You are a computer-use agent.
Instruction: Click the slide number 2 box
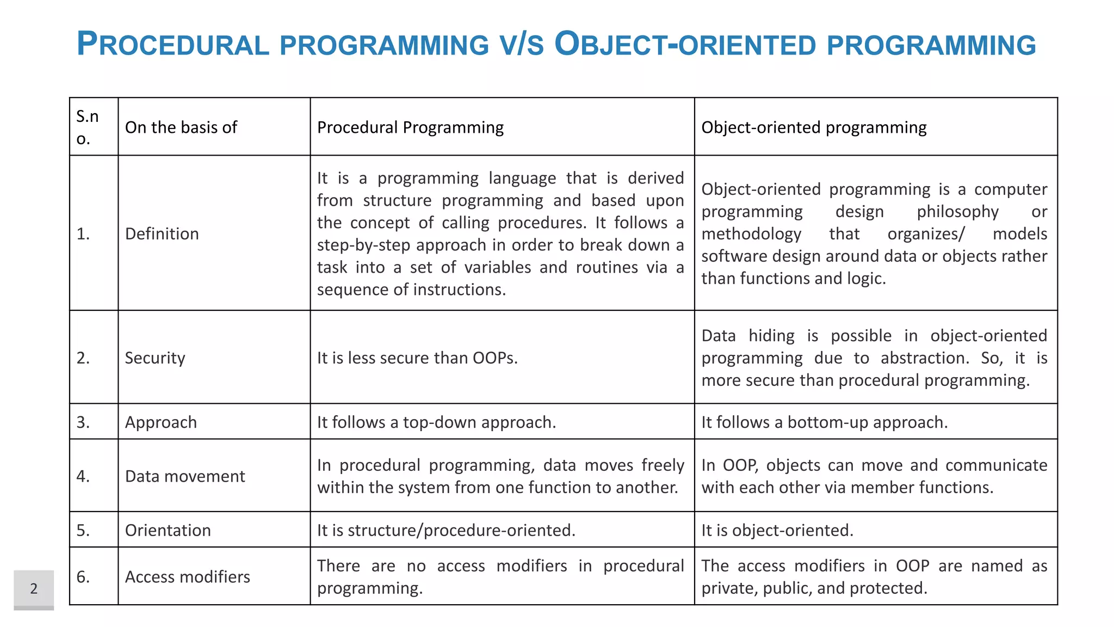click(x=34, y=588)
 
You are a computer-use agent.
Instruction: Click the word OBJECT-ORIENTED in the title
click(x=685, y=45)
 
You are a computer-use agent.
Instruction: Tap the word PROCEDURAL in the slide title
click(x=173, y=45)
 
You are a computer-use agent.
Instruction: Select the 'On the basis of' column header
click(x=181, y=127)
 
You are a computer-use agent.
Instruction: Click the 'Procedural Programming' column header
click(x=410, y=127)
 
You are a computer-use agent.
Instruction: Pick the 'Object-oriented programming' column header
click(x=814, y=127)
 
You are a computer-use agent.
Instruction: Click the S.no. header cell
click(x=88, y=127)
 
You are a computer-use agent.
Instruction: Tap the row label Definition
click(x=162, y=234)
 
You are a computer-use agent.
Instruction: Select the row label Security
click(x=155, y=358)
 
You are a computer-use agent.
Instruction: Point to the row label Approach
click(x=161, y=422)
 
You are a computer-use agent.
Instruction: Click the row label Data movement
click(x=185, y=476)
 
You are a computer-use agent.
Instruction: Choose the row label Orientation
click(x=168, y=530)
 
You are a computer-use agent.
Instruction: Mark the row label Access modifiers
click(x=187, y=577)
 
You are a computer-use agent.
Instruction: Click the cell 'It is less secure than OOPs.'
click(x=417, y=358)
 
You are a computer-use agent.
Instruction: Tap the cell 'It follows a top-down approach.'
click(x=436, y=422)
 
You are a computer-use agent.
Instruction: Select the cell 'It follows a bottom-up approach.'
click(x=824, y=422)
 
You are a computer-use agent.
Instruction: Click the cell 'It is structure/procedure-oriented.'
click(x=446, y=530)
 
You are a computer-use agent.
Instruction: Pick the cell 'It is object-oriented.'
click(x=777, y=530)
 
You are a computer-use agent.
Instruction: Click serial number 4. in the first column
click(x=83, y=476)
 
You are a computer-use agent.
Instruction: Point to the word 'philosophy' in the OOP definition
click(x=957, y=212)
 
